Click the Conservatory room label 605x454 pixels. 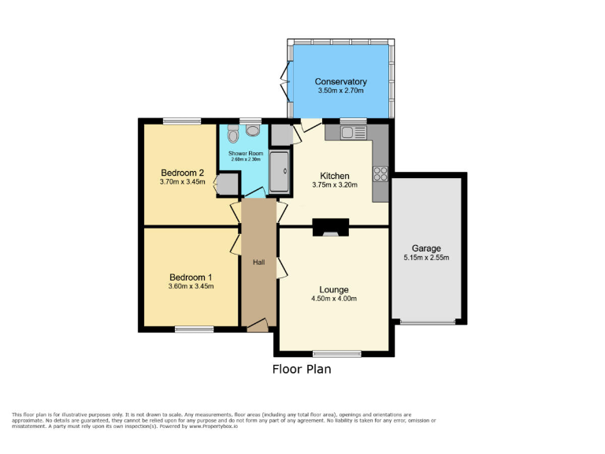(x=340, y=81)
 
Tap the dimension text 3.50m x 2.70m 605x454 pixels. (x=340, y=91)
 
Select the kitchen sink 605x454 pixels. (x=354, y=133)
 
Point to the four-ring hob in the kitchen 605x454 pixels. (x=380, y=173)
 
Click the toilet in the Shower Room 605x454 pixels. (x=233, y=132)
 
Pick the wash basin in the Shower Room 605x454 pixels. (x=254, y=131)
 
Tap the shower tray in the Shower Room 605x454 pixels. (x=279, y=172)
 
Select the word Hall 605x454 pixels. (x=258, y=262)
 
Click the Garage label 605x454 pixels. (x=428, y=248)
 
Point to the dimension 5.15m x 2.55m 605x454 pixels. (x=428, y=259)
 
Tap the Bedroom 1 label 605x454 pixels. (x=191, y=277)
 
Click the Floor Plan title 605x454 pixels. (x=302, y=369)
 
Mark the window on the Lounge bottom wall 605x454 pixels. (x=336, y=352)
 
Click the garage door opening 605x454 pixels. (x=427, y=322)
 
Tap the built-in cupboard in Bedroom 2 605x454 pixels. (x=228, y=184)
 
